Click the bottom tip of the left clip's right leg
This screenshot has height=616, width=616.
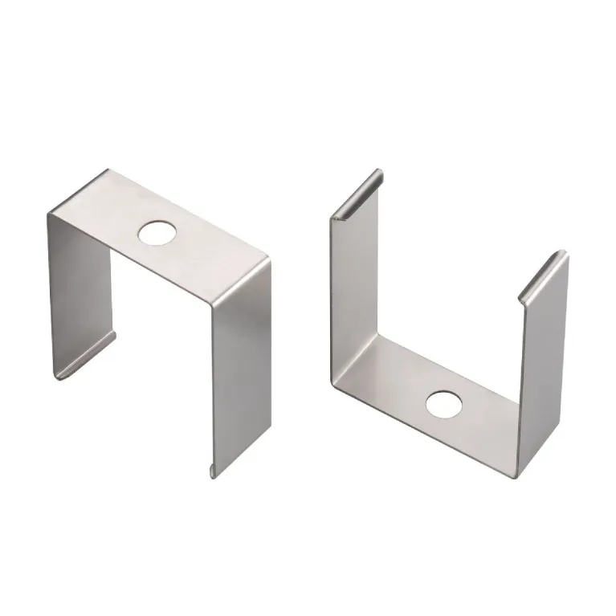[x=213, y=473]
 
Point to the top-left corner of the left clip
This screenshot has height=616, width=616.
[x=50, y=213]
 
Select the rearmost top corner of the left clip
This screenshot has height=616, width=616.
[x=107, y=170]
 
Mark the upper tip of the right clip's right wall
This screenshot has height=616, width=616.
[x=565, y=254]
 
